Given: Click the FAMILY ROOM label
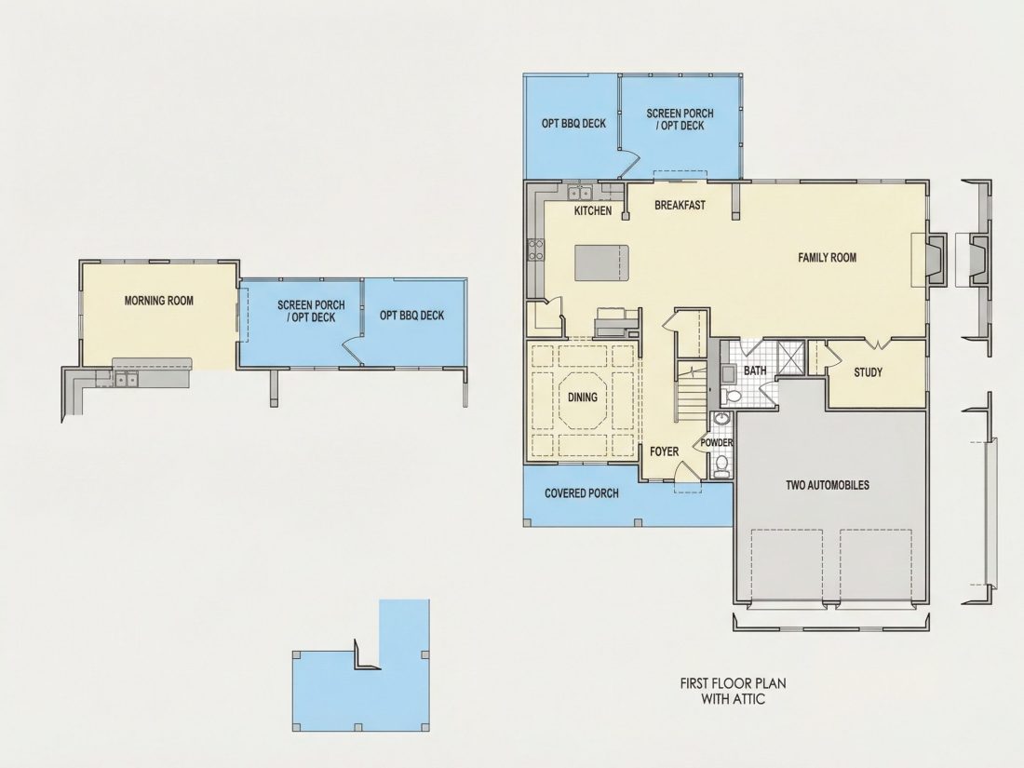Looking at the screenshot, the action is tap(827, 257).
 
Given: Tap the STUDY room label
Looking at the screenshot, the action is tap(868, 372).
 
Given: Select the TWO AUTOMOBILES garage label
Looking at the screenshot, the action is tap(828, 485).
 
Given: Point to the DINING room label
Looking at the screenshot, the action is tap(583, 397).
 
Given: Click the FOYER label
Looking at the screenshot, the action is tap(664, 451).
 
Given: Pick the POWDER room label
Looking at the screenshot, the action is tap(717, 443).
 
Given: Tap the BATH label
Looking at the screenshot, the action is tap(755, 371).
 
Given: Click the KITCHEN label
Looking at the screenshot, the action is tap(593, 210).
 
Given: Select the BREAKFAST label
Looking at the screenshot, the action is tap(680, 205).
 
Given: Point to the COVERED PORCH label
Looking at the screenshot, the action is tap(582, 493).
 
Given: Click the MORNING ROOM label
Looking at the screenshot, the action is tap(158, 301).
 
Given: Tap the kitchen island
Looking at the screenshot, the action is tap(601, 263).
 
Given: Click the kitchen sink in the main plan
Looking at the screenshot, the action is tap(579, 193).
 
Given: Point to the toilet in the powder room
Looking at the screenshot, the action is tap(721, 465).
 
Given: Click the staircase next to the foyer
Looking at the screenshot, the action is tap(692, 392).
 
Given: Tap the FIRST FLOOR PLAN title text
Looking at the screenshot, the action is tap(734, 684).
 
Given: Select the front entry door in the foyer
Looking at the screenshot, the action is tap(683, 469).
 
